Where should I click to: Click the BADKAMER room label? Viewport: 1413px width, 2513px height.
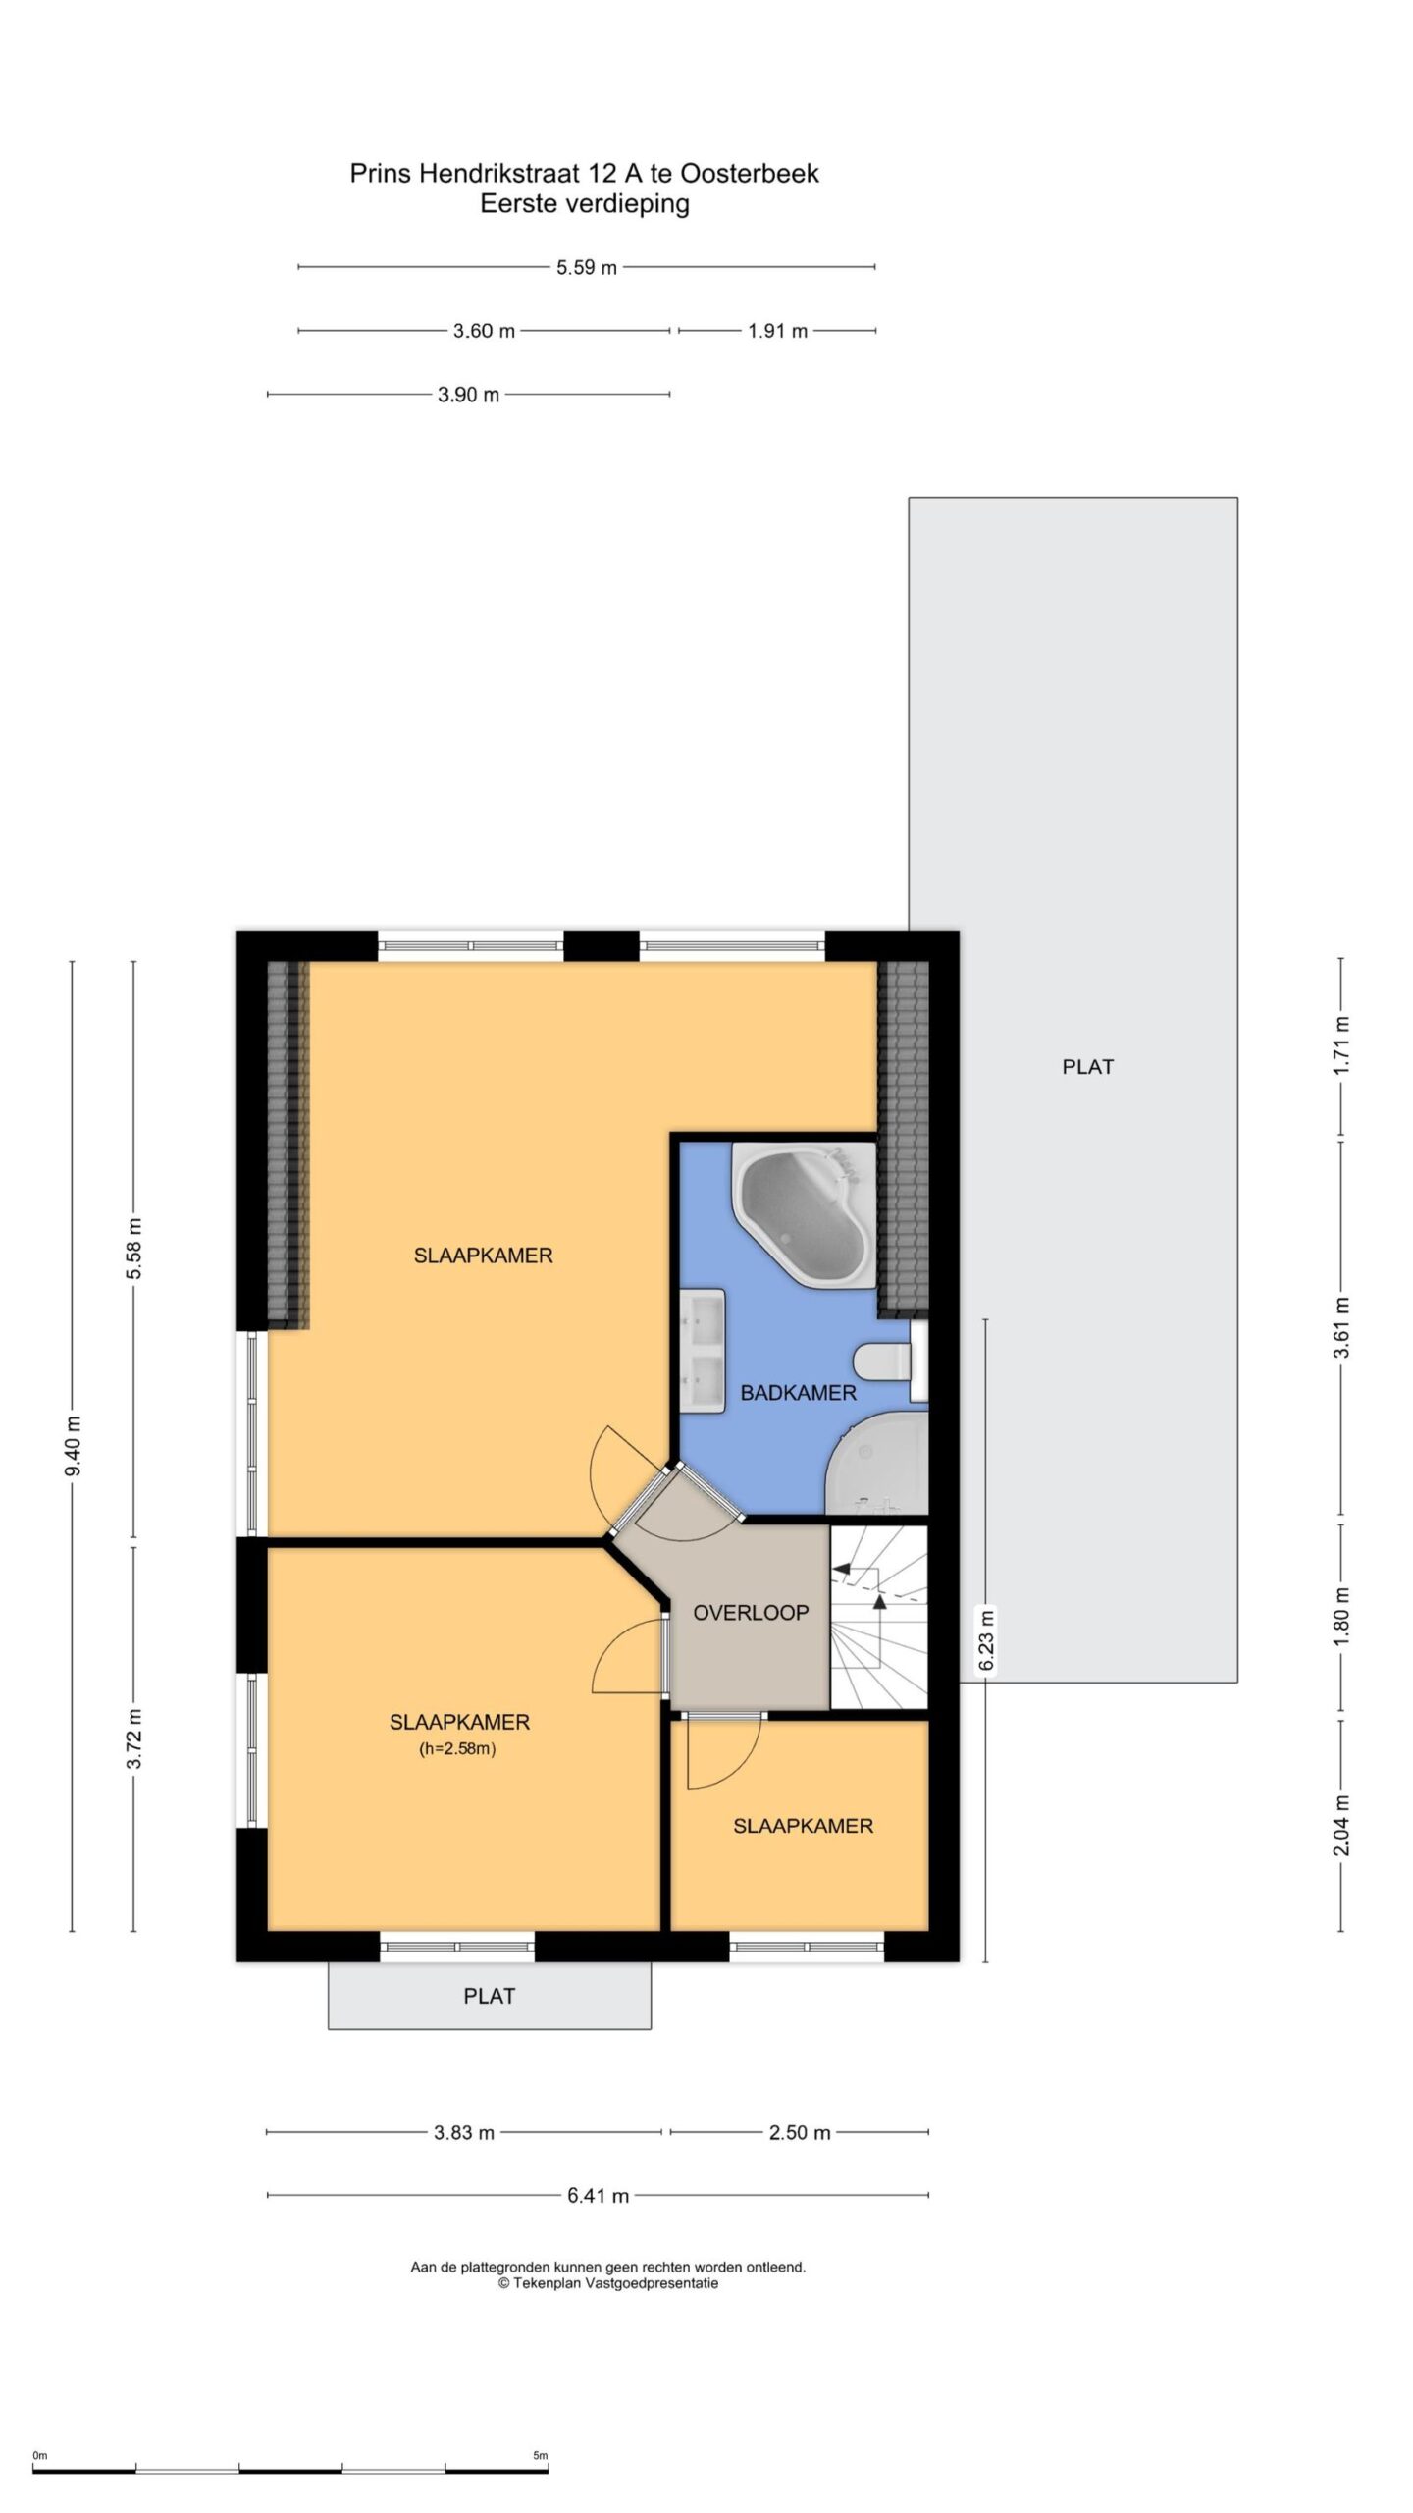click(x=798, y=1393)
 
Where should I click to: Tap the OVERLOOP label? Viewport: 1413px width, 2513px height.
click(x=751, y=1613)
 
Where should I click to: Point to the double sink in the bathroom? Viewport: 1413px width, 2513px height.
click(x=703, y=1353)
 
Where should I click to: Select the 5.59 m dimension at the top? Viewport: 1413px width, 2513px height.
click(x=587, y=267)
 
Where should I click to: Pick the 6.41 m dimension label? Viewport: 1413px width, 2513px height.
click(x=598, y=2196)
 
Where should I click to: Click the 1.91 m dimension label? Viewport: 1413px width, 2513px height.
click(x=777, y=331)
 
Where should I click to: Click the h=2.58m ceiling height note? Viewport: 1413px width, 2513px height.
click(x=458, y=1747)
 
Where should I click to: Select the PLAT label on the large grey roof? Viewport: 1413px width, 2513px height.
click(x=1088, y=1066)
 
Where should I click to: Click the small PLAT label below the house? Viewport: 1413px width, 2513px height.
click(x=490, y=1995)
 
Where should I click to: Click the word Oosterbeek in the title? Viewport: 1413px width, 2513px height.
click(x=750, y=174)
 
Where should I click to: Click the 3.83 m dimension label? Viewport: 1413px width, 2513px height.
click(x=464, y=2131)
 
